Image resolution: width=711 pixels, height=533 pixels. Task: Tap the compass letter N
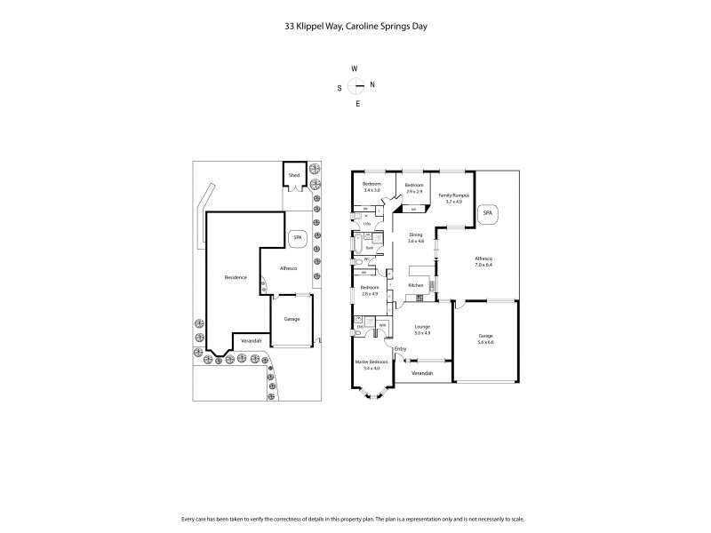(372, 85)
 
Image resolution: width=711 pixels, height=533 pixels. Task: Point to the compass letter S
(339, 87)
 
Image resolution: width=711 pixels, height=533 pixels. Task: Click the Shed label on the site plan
(294, 176)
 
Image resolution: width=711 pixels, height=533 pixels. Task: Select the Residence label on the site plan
(235, 278)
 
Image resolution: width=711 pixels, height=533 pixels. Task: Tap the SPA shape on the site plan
(298, 239)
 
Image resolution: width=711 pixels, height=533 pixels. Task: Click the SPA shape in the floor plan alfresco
(486, 214)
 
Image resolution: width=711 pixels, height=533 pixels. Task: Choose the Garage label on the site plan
(292, 318)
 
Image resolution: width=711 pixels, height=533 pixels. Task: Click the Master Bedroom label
(371, 365)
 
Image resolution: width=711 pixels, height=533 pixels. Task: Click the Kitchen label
(415, 285)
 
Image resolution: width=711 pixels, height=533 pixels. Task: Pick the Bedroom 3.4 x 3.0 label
(371, 187)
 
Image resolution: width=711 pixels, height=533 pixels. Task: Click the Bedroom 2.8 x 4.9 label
(370, 290)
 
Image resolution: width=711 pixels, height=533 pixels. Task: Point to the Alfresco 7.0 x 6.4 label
(483, 263)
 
